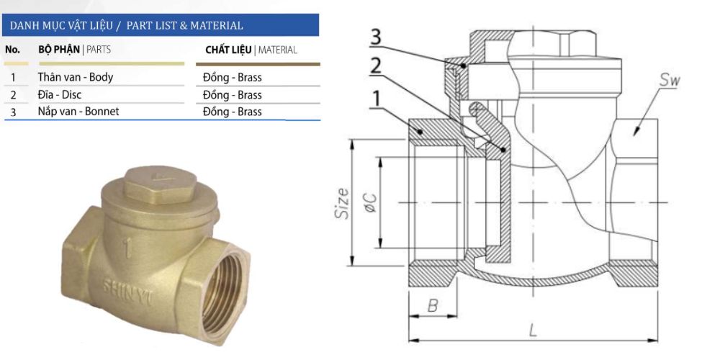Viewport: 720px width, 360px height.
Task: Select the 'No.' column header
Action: tap(12, 50)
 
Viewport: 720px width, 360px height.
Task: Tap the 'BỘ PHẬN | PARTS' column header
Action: tap(74, 50)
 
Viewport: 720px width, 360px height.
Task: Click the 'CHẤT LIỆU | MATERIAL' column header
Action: tap(251, 50)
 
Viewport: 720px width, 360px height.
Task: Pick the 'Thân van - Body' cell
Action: tap(75, 77)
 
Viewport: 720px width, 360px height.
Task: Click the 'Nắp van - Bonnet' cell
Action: tap(78, 112)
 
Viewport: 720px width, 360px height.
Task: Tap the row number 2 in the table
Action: tap(13, 94)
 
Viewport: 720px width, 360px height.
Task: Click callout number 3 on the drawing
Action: tap(377, 37)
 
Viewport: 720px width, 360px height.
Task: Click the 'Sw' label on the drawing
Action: tap(669, 80)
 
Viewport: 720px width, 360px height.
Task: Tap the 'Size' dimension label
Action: tap(343, 203)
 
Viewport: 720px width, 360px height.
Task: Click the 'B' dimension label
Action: tap(432, 305)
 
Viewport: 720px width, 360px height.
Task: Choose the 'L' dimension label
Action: tap(532, 330)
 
